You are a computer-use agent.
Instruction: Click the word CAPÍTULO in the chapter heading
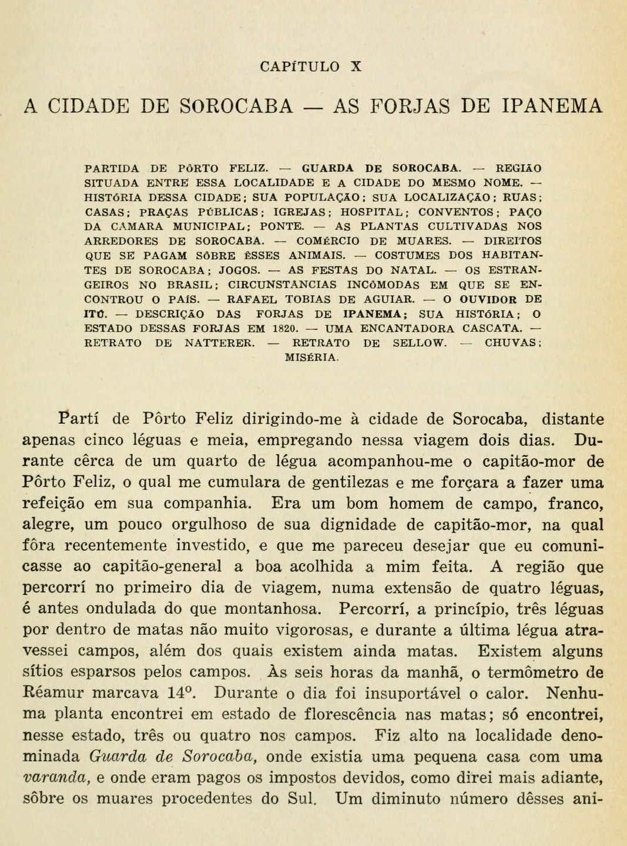point(299,66)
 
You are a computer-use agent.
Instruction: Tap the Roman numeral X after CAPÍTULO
point(356,66)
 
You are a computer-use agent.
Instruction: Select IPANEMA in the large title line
point(553,106)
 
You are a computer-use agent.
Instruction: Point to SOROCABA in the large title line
point(236,106)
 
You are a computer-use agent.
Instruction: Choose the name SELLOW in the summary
point(418,343)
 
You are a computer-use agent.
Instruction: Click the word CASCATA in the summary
point(492,328)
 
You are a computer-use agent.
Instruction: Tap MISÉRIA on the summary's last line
point(311,357)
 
